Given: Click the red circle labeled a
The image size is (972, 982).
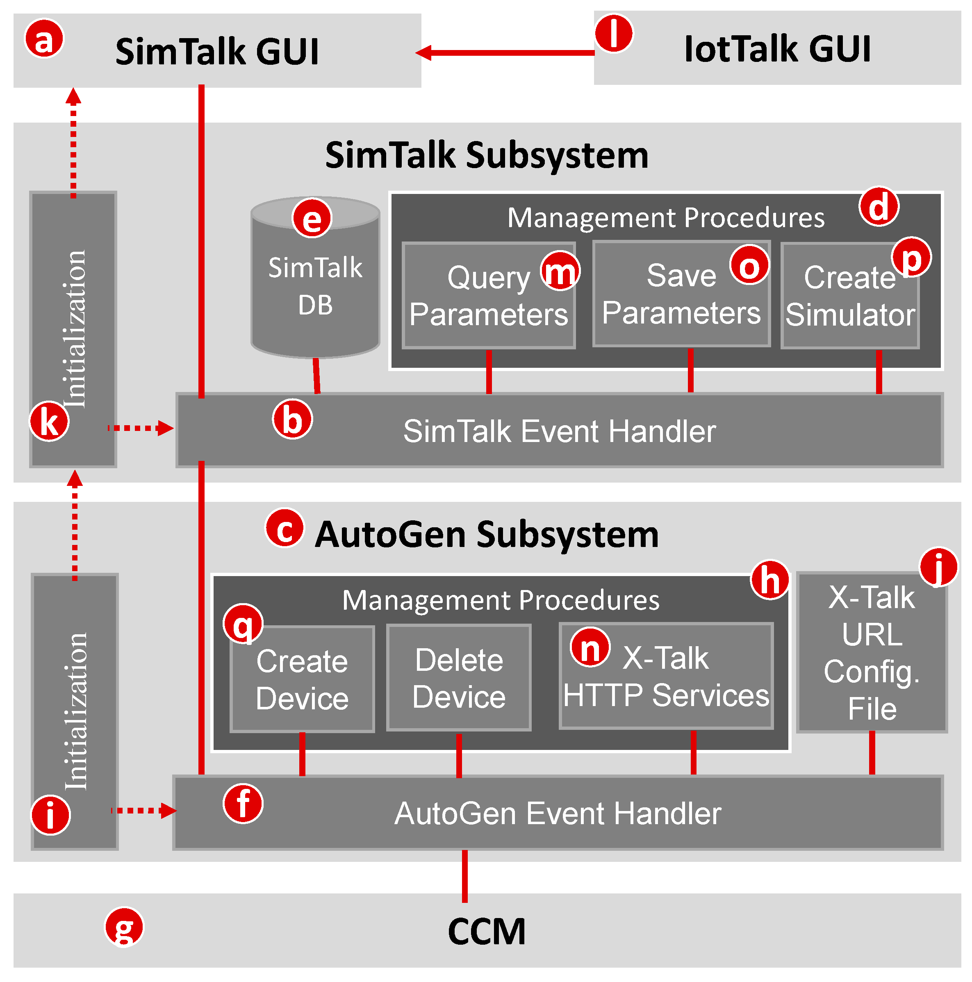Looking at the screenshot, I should tap(44, 39).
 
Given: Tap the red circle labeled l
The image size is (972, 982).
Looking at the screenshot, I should tap(613, 34).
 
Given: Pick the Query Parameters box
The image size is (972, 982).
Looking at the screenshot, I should tap(488, 305).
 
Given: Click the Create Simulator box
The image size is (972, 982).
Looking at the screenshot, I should tap(849, 305).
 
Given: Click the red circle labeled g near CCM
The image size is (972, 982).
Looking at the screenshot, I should tap(124, 926).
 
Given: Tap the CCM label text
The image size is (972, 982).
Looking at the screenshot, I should tap(486, 931).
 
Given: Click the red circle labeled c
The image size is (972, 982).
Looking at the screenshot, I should tap(285, 528).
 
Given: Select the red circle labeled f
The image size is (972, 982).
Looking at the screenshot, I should tap(243, 804).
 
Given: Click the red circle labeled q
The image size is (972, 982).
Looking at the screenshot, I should tap(243, 624).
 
